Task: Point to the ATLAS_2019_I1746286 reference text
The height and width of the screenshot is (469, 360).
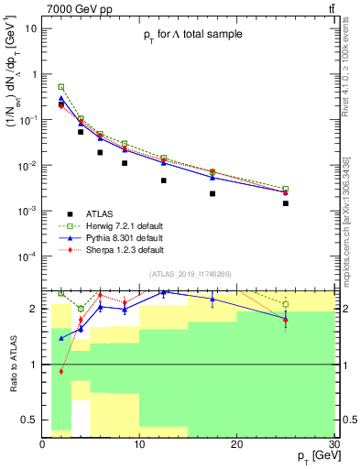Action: (191, 274)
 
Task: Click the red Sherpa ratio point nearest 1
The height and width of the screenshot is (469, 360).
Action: (61, 371)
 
